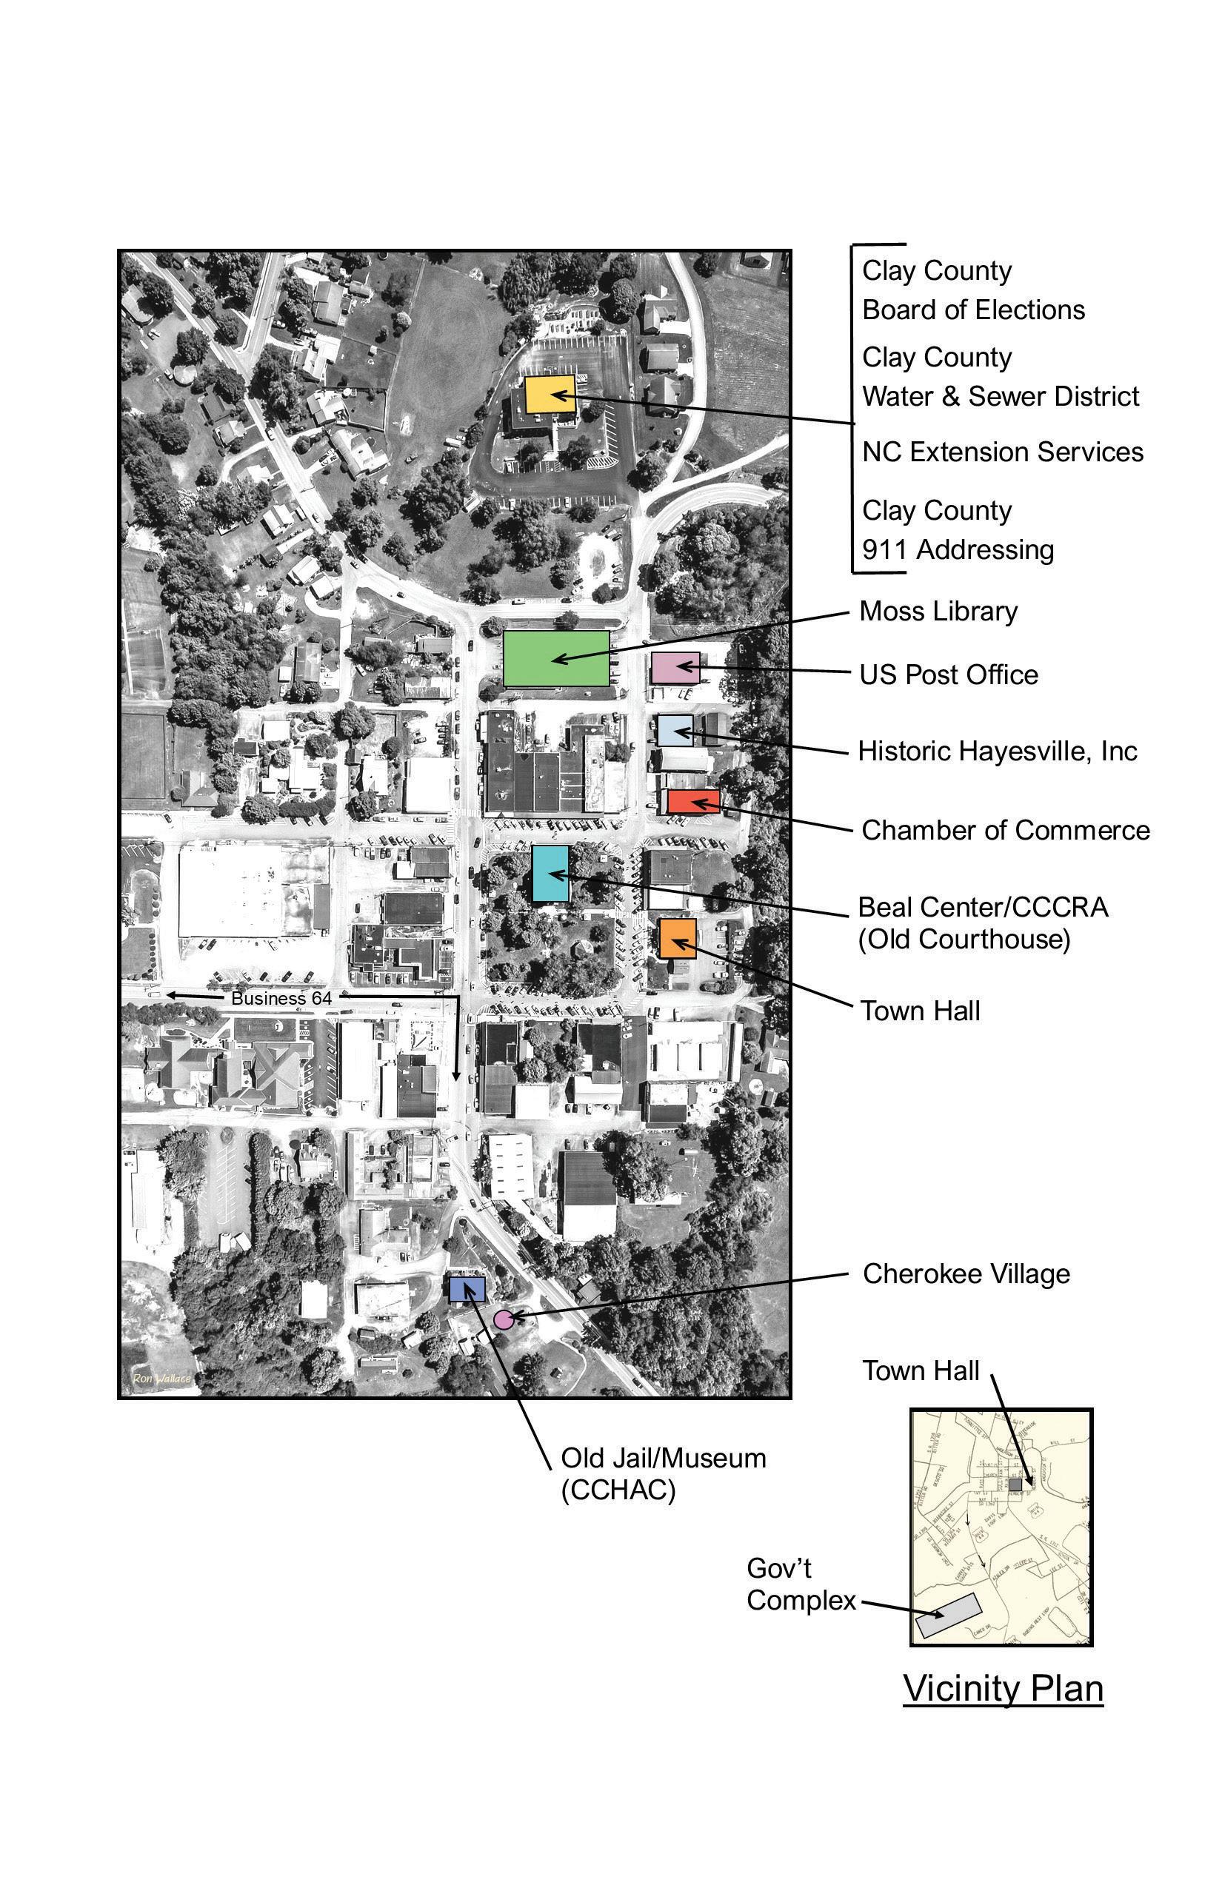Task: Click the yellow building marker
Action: coord(550,393)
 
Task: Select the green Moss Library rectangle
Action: coord(556,658)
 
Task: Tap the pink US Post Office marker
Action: coord(675,668)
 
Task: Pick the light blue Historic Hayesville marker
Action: coord(675,731)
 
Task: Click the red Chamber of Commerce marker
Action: coord(692,801)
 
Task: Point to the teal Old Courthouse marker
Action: coord(550,874)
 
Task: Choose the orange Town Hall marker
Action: coord(678,939)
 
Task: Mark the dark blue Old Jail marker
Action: coord(467,1289)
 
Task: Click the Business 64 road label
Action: coord(281,998)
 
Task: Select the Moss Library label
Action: coord(938,612)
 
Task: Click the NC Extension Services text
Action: coord(1002,452)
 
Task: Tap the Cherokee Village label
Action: coord(966,1273)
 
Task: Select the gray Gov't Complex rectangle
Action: coord(949,1615)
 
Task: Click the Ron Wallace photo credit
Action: coord(162,1378)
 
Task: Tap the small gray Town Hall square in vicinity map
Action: coord(1015,1484)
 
